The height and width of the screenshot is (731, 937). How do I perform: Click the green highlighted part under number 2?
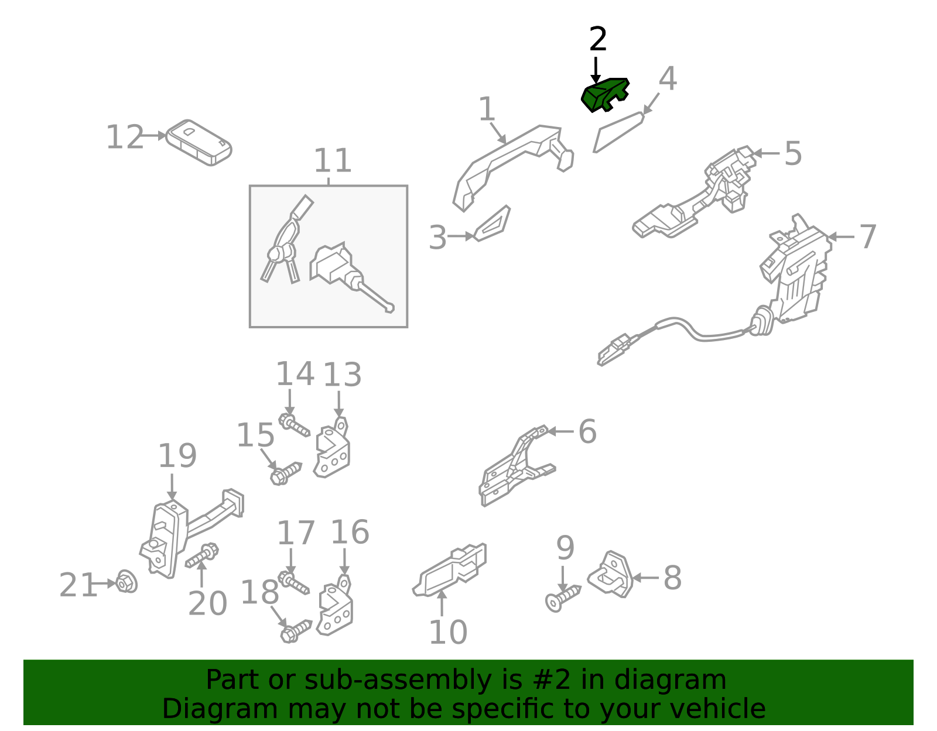tap(604, 95)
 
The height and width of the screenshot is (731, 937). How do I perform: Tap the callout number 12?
tap(125, 137)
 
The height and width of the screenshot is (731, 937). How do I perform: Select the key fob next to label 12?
tap(199, 143)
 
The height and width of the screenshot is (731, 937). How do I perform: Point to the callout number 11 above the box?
tap(333, 161)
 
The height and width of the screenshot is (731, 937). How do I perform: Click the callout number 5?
tap(793, 153)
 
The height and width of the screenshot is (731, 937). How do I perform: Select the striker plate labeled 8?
tap(611, 575)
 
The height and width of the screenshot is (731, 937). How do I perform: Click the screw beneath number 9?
tap(562, 598)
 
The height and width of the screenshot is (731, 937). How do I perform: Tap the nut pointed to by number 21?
tap(126, 582)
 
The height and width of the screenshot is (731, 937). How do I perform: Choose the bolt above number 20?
tap(202, 555)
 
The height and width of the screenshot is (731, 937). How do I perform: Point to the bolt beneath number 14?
tap(293, 425)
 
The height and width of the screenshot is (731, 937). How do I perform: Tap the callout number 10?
tap(447, 632)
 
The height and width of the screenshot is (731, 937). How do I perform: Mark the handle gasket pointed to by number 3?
tap(492, 224)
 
